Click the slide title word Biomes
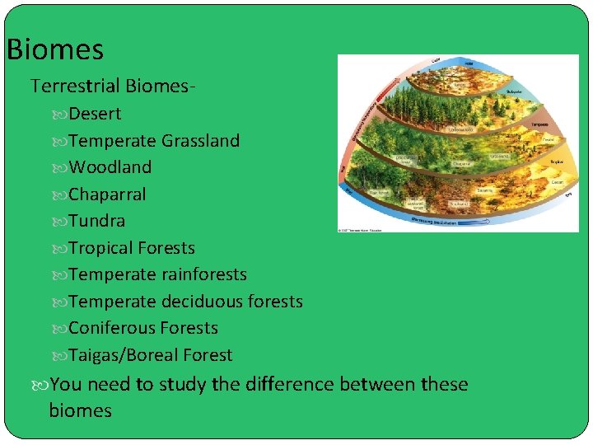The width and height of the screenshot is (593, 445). [x=55, y=50]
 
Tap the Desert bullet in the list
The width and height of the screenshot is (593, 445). [x=94, y=114]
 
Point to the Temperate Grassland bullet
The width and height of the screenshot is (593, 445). [x=154, y=141]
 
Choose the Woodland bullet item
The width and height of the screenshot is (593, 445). [x=110, y=167]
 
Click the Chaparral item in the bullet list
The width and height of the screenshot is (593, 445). [x=107, y=194]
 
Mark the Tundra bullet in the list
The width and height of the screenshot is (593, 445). [x=96, y=221]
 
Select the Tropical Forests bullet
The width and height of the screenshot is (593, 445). [x=132, y=248]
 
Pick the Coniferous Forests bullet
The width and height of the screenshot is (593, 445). [x=143, y=328]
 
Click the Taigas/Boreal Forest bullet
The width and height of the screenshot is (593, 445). [x=150, y=355]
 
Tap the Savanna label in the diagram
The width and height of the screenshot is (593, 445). [x=484, y=190]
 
